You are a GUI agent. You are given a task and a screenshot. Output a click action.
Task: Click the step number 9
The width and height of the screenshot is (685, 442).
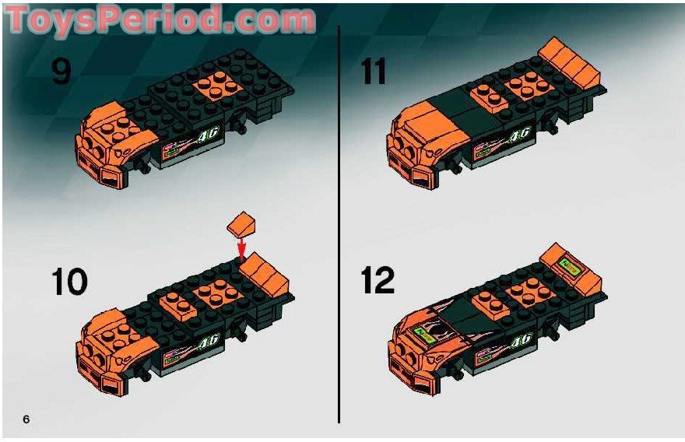pos(61,72)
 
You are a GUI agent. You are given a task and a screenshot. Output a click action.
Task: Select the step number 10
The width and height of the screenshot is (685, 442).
pos(70,281)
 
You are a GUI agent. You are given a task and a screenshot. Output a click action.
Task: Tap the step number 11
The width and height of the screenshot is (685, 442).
pos(374,72)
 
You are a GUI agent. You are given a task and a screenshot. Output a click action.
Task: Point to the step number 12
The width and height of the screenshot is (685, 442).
pos(379,281)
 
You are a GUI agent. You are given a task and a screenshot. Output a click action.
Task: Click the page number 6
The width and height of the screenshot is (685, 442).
pos(26,419)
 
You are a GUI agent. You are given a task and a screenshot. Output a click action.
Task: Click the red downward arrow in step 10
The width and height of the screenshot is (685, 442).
pos(241,248)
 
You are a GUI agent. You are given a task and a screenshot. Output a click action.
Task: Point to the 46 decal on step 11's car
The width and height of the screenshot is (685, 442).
pos(519,135)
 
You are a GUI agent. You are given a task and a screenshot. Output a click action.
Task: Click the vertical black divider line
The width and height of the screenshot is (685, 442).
pos(339,226)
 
